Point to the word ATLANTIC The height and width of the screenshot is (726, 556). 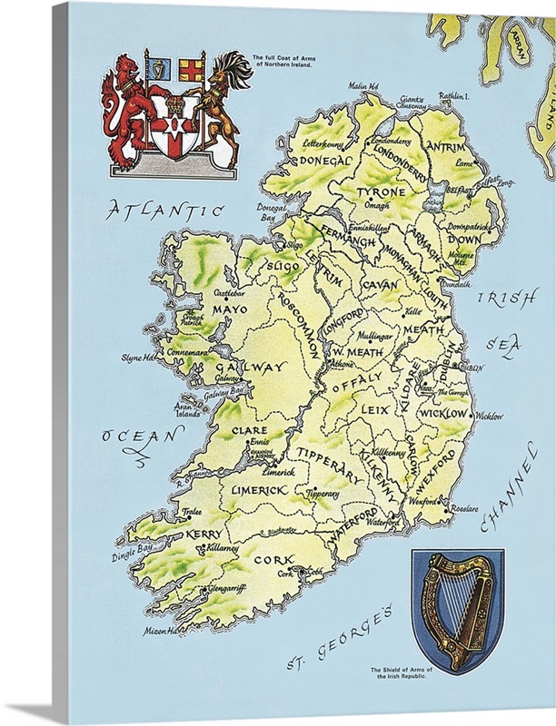164,211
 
